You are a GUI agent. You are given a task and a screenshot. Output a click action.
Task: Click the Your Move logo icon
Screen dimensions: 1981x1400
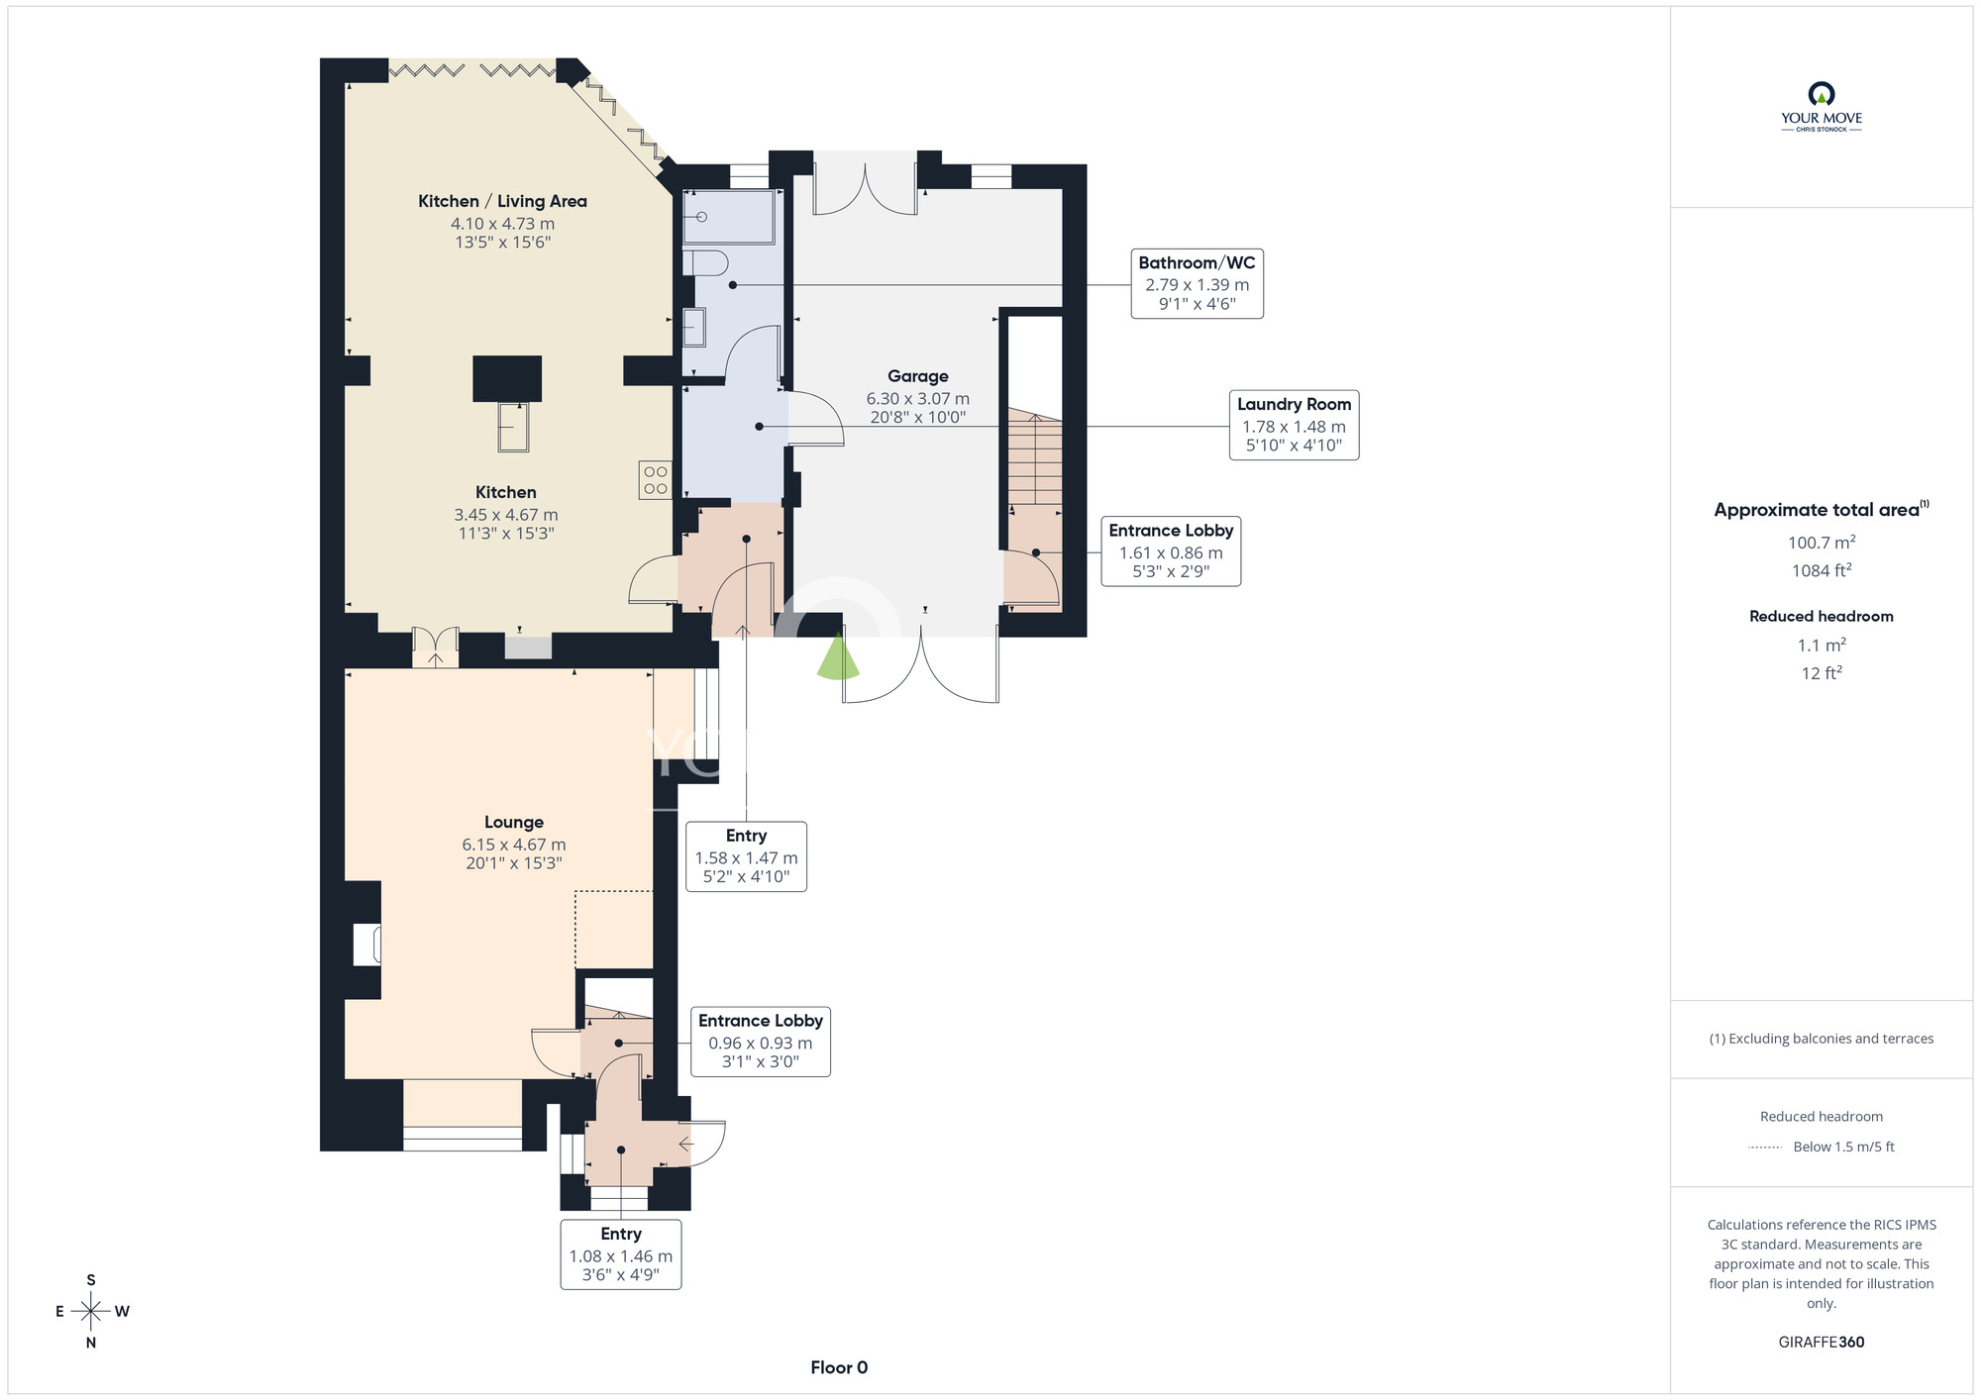(x=1822, y=94)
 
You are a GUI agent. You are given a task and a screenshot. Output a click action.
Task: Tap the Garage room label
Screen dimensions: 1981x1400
(x=917, y=376)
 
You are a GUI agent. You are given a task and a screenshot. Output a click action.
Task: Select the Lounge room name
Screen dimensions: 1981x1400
(x=513, y=823)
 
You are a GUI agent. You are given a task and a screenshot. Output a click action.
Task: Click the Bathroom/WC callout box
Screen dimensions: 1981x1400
(x=1197, y=284)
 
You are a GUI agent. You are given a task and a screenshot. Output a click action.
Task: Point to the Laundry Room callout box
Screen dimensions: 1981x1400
(x=1294, y=425)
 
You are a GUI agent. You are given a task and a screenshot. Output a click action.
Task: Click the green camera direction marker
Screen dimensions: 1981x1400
(x=838, y=656)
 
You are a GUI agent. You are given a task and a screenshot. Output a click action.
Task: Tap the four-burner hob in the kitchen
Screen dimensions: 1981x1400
(x=655, y=480)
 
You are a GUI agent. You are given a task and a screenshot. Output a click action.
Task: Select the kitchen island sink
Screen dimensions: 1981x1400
(x=513, y=427)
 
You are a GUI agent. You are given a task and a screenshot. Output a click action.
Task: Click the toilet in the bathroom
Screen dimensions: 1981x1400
(x=705, y=262)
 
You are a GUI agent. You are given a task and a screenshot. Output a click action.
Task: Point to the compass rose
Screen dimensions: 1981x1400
(x=91, y=1312)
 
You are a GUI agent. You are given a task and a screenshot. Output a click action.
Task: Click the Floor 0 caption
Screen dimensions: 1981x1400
(x=839, y=1367)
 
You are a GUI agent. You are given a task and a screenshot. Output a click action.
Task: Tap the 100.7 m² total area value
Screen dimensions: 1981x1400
(x=1822, y=542)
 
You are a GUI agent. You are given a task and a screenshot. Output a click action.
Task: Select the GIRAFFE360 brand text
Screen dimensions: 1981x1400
(x=1822, y=1343)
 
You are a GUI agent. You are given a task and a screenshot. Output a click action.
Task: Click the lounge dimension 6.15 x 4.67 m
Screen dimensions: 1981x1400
(x=513, y=845)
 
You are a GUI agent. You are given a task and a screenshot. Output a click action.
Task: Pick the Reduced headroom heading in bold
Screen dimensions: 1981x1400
(x=1822, y=616)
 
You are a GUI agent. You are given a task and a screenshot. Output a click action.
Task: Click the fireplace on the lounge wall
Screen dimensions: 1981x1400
(x=367, y=945)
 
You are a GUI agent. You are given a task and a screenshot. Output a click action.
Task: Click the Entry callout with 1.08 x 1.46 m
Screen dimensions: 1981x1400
(x=621, y=1254)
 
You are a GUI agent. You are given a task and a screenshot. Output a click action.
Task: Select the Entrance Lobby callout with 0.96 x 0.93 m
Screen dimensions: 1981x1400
(x=760, y=1042)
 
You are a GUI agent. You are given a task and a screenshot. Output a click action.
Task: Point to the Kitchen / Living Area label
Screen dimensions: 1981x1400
(x=502, y=202)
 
